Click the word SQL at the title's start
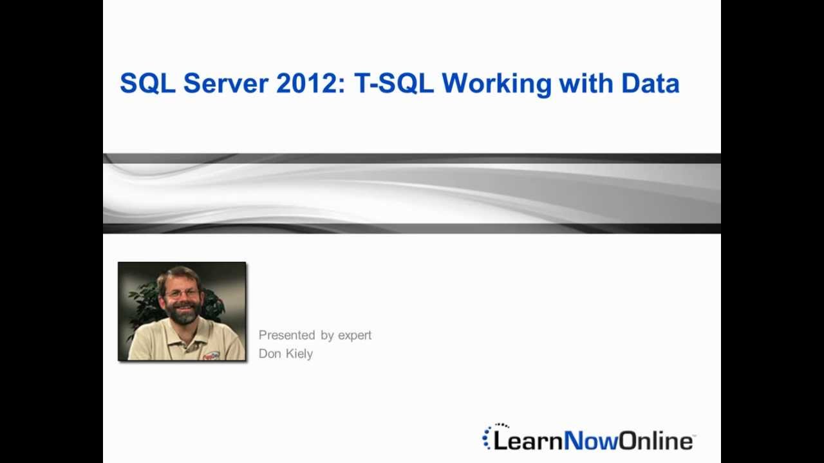147,84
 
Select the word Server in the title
226,84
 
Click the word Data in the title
650,84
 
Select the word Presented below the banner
287,335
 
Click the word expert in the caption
355,336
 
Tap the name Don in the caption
269,354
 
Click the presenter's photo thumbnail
182,311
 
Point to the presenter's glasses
182,293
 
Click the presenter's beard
183,314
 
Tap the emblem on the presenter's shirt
211,354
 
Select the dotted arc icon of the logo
489,436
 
